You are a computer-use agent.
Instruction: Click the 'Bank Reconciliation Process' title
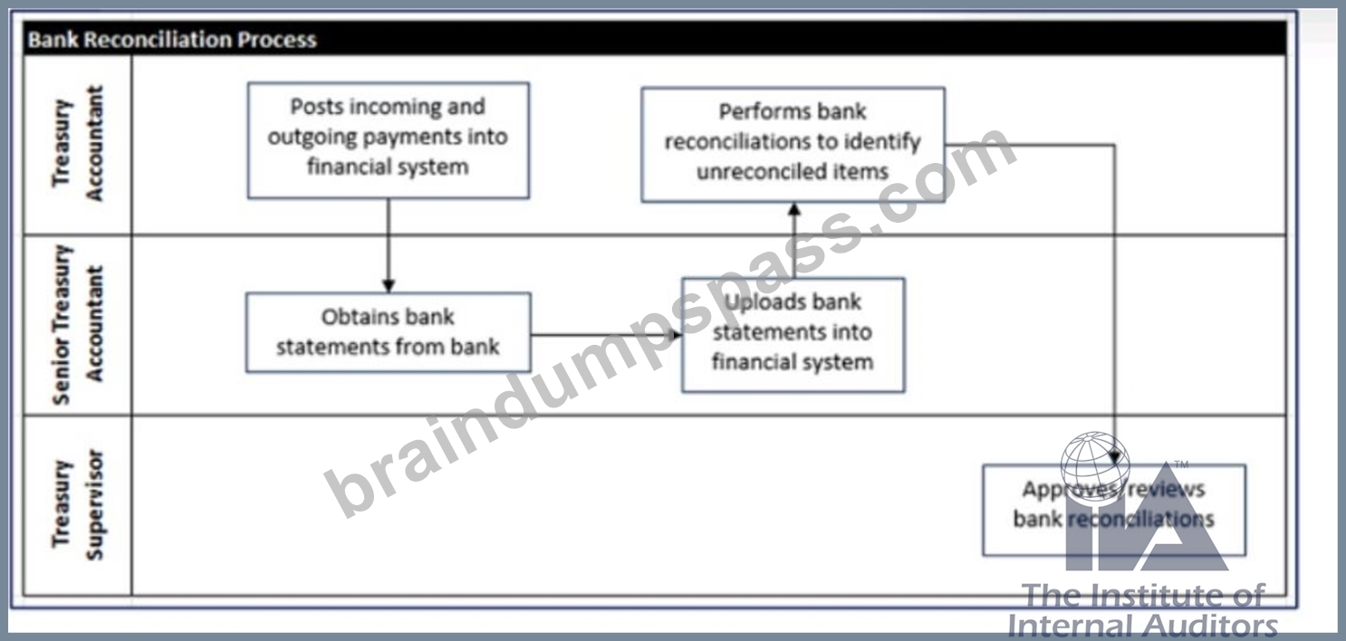pos(172,40)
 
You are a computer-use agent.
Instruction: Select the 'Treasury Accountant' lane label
pos(78,143)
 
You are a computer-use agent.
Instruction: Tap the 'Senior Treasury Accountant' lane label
pos(78,324)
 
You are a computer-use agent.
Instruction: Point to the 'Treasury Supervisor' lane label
pos(78,504)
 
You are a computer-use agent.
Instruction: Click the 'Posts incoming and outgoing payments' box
pos(389,140)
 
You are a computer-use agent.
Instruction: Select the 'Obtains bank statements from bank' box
pos(389,332)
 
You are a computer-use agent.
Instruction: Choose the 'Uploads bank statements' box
pos(793,335)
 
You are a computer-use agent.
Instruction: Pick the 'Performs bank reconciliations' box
pos(793,145)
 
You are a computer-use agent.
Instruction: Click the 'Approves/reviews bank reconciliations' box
pos(1114,510)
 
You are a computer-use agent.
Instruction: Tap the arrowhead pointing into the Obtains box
pos(389,285)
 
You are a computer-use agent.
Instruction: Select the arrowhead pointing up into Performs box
pos(793,210)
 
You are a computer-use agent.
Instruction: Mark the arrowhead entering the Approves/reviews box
pos(1115,457)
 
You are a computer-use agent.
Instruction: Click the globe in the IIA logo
pos(1095,465)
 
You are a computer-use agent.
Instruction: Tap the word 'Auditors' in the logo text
pos(1211,626)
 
